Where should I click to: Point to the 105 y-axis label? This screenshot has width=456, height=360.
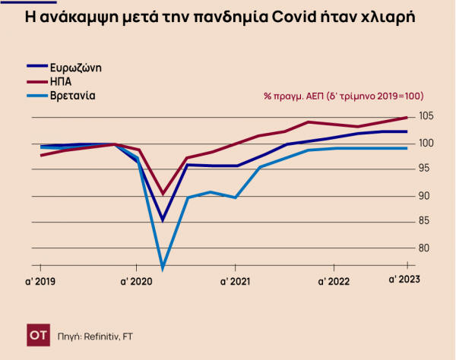pyautogui.click(x=426, y=116)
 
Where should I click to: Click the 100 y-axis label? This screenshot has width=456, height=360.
pyautogui.click(x=426, y=144)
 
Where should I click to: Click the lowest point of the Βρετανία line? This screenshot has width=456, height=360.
pyautogui.click(x=163, y=267)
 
